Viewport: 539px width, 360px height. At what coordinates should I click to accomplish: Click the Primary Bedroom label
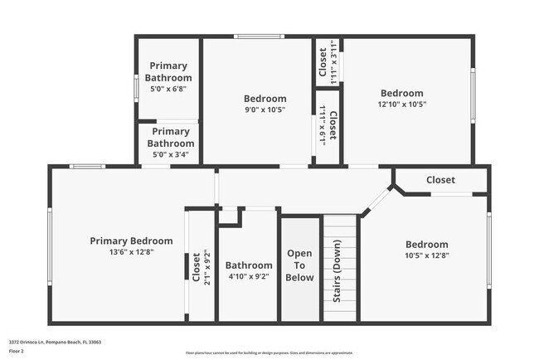click(x=132, y=241)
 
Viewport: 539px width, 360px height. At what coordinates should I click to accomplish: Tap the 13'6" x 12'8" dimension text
click(x=132, y=251)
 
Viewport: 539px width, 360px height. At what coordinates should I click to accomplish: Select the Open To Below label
click(x=300, y=265)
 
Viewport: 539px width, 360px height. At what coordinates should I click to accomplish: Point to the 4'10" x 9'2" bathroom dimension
click(x=249, y=277)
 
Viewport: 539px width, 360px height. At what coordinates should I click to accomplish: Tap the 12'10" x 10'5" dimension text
click(x=401, y=105)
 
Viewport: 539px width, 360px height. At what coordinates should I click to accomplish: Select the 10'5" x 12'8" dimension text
click(x=426, y=255)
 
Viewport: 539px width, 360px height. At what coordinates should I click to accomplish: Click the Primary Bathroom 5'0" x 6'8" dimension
click(x=168, y=90)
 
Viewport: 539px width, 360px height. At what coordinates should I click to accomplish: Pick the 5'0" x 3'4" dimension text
click(x=171, y=154)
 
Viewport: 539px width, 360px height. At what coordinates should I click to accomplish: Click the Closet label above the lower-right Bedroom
click(x=440, y=180)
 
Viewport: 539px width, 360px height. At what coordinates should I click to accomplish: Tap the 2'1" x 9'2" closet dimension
click(x=206, y=269)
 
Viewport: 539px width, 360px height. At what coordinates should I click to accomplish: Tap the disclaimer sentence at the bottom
click(x=269, y=353)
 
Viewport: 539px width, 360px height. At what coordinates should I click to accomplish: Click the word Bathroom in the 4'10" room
click(x=249, y=266)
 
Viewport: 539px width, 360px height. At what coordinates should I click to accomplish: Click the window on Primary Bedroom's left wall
click(x=50, y=242)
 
